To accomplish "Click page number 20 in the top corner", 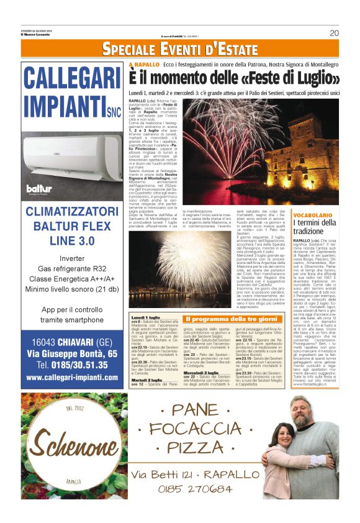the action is (x=334, y=33).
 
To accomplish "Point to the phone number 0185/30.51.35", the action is (x=73, y=364).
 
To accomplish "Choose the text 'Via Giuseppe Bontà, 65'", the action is (x=72, y=352).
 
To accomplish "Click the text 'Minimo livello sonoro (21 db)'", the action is (x=72, y=289).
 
